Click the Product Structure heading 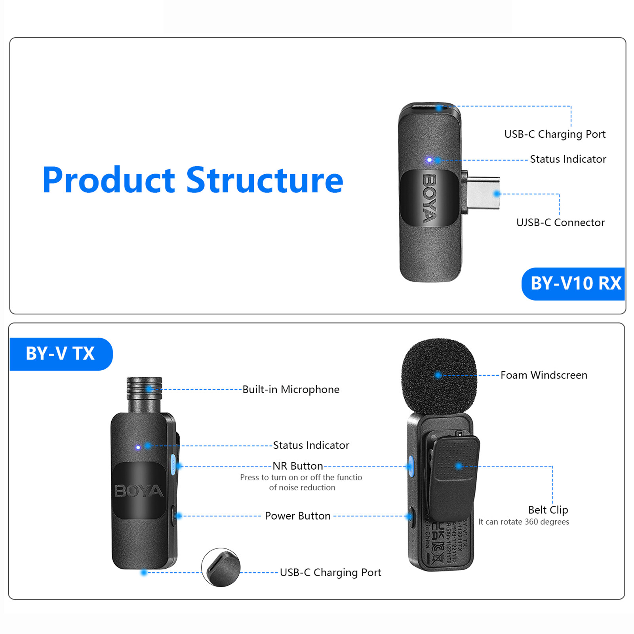[x=192, y=180]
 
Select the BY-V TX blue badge [x=60, y=354]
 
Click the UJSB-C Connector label [x=560, y=223]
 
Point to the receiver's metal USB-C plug [x=483, y=194]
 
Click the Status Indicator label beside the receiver [x=568, y=159]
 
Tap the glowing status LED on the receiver [x=429, y=160]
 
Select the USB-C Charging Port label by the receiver [x=555, y=134]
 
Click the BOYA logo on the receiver [x=430, y=198]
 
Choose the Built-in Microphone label [x=291, y=390]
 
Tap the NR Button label [x=298, y=466]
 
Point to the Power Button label [x=297, y=516]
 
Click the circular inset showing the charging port [x=221, y=567]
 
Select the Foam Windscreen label [x=544, y=375]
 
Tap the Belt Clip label [x=548, y=510]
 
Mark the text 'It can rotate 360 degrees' [x=524, y=522]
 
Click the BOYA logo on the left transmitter [x=139, y=491]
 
